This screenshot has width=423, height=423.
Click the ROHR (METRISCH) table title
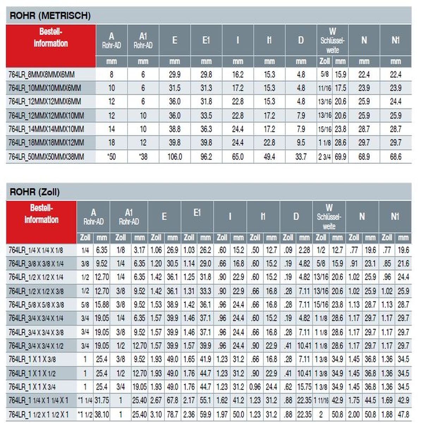[x=50, y=16]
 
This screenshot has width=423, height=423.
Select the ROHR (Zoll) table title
[x=35, y=192]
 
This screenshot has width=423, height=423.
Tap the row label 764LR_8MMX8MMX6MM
[x=42, y=75]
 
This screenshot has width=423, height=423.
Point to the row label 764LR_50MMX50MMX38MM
[x=46, y=157]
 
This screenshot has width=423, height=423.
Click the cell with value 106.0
[x=174, y=157]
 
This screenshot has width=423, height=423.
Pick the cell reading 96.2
[x=206, y=157]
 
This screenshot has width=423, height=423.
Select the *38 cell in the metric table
[x=143, y=157]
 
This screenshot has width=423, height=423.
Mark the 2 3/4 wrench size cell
[x=324, y=157]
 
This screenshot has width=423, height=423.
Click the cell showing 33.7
[x=301, y=157]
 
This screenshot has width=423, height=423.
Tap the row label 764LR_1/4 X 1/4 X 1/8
[x=36, y=250]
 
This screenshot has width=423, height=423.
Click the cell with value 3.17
[x=139, y=250]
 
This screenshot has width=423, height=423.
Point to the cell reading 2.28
[x=304, y=250]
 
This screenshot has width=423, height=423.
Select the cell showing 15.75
[x=304, y=387]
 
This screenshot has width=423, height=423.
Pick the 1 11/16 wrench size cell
[x=321, y=400]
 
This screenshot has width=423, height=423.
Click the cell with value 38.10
[x=102, y=414]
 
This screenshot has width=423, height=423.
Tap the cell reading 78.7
[x=172, y=414]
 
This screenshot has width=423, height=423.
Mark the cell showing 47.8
[x=403, y=414]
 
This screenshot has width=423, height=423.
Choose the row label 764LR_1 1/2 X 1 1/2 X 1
[x=39, y=414]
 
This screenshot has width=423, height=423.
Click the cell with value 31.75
[x=102, y=400]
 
